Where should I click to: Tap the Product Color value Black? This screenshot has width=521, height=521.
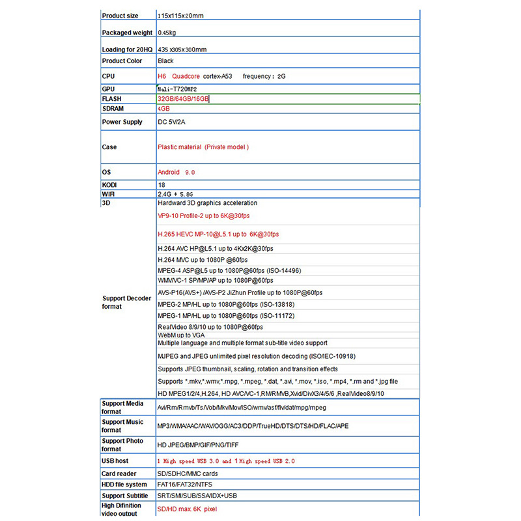(165, 61)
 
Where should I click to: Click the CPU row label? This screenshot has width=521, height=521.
(108, 76)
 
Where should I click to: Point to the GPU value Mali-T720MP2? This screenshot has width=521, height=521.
(178, 89)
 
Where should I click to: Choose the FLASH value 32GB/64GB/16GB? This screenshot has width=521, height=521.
(183, 99)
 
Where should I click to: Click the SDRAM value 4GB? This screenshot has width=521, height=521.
(163, 109)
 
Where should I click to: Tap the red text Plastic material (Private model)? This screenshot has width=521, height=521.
(203, 147)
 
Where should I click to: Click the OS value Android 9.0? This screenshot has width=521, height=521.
(176, 173)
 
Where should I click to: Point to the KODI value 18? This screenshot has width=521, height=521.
(162, 185)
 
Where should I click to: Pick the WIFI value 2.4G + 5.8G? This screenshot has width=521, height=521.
(175, 194)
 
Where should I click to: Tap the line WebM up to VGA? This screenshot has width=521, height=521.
(182, 335)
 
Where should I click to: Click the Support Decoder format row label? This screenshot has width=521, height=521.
(126, 302)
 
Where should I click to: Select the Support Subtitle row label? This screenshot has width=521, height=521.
(125, 496)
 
